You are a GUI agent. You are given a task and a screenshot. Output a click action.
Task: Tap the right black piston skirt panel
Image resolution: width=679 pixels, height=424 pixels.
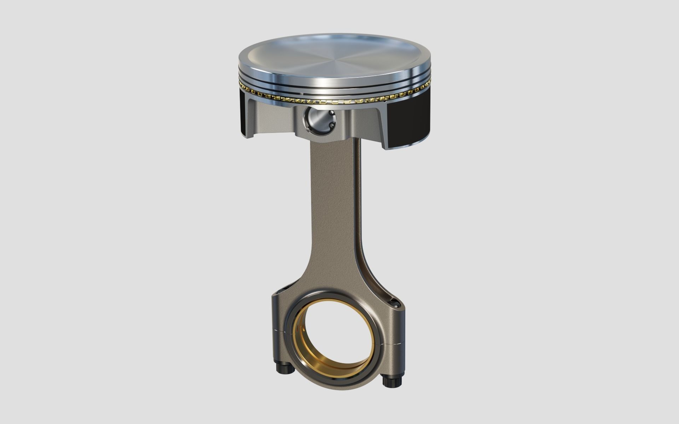coord(410,120)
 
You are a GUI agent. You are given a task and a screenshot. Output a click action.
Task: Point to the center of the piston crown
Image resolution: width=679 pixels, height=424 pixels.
coord(336,57)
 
